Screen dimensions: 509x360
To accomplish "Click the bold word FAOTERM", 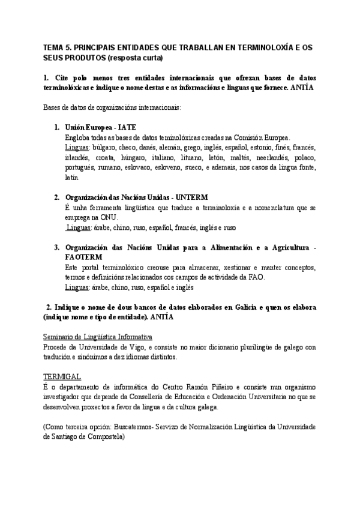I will coord(87,257).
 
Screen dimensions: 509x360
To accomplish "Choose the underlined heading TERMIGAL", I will coord(62,376).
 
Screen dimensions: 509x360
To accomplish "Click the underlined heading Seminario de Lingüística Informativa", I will coord(98,337).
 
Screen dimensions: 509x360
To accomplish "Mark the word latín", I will coord(71,178).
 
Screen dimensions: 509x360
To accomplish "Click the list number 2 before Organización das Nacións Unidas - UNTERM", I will coord(56,197).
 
